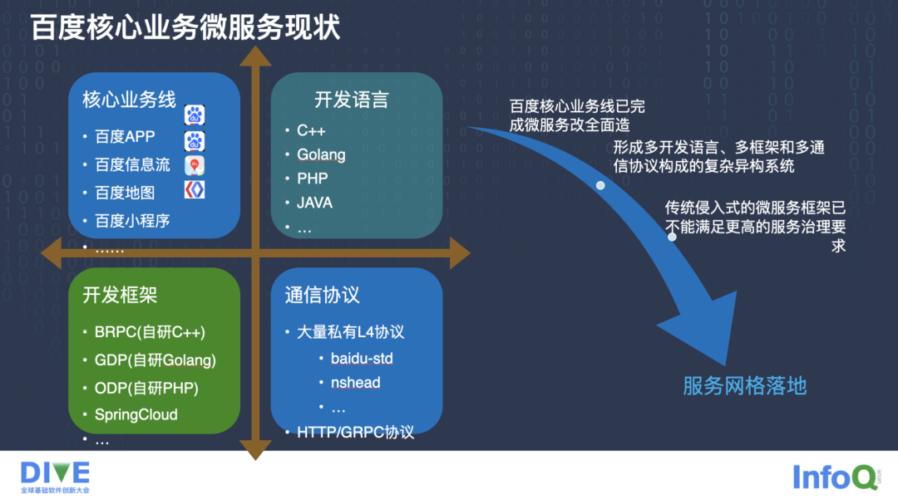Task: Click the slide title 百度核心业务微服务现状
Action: point(185,27)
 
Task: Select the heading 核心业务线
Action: point(129,100)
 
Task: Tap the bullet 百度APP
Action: point(125,137)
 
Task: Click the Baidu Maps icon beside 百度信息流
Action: point(194,165)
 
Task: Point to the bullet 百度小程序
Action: point(132,221)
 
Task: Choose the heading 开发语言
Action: point(351,100)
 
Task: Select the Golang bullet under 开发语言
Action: point(321,154)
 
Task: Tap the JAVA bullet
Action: point(314,203)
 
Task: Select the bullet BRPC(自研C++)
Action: point(150,332)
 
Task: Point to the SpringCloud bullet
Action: point(136,414)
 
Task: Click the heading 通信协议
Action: point(322,295)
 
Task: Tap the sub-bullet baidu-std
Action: point(361,359)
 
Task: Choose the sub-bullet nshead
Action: point(355,383)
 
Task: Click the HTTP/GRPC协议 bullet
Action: point(355,432)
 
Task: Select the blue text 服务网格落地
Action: point(744,385)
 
